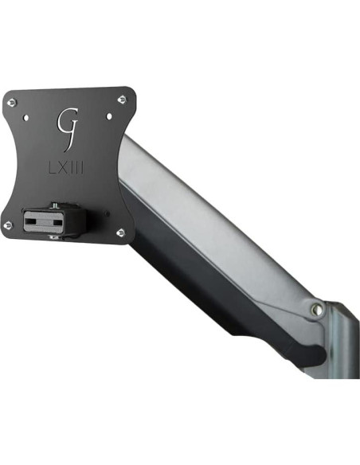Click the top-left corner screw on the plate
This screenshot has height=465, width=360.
click(x=13, y=101)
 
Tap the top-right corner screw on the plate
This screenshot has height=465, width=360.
click(x=121, y=100)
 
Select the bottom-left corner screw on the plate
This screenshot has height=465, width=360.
click(x=8, y=225)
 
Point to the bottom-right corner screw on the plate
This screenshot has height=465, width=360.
click(x=120, y=232)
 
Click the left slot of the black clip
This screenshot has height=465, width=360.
click(x=40, y=218)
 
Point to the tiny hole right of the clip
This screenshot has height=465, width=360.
click(x=104, y=213)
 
